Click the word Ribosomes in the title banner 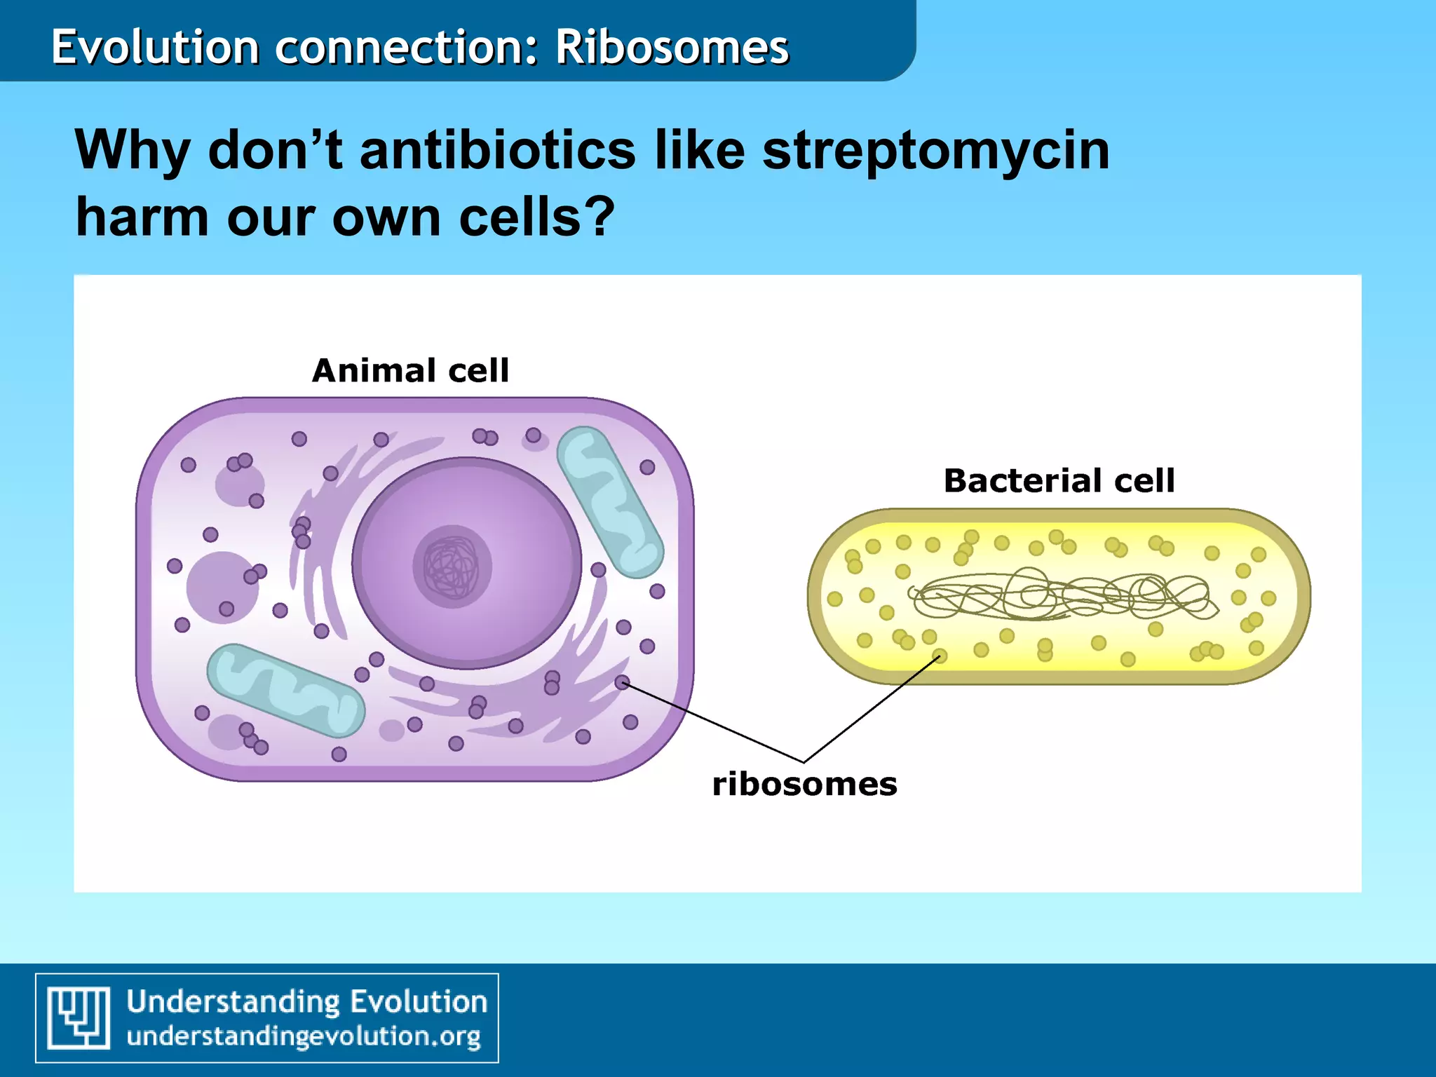click(672, 48)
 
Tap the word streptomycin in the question click(935, 150)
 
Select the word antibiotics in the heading click(497, 150)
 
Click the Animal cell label click(410, 370)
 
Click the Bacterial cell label click(1058, 481)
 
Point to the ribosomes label click(804, 784)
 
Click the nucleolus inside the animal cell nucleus click(452, 565)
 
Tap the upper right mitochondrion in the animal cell click(609, 501)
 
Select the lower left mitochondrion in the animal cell click(285, 690)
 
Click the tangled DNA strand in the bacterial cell click(1062, 596)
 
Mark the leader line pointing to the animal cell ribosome click(712, 722)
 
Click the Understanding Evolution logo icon click(79, 1017)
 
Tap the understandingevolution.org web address click(304, 1036)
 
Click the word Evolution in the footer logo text click(419, 1001)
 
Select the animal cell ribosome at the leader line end click(622, 682)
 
